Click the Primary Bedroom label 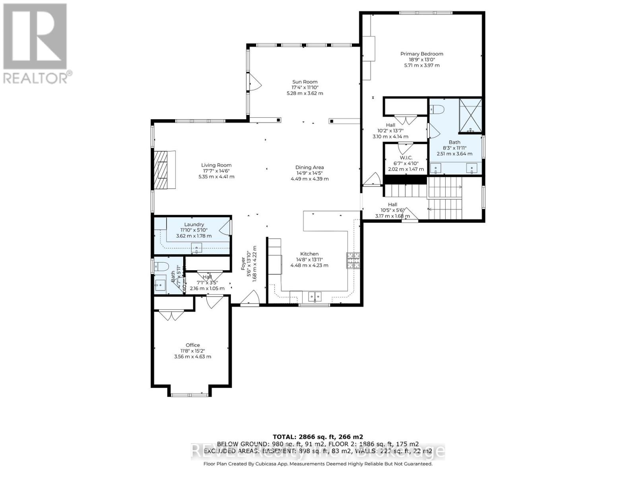tap(421, 54)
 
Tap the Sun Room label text tap(305, 82)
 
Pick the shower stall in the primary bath tap(471, 115)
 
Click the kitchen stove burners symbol tap(353, 260)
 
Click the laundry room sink tap(196, 248)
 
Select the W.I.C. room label tap(406, 158)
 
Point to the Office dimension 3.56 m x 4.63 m tap(193, 357)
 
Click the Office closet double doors tap(171, 316)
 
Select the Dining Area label tap(309, 167)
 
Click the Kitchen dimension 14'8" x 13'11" tap(309, 260)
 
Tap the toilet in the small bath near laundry tap(162, 267)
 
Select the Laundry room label tap(194, 224)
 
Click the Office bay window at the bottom tap(189, 394)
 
